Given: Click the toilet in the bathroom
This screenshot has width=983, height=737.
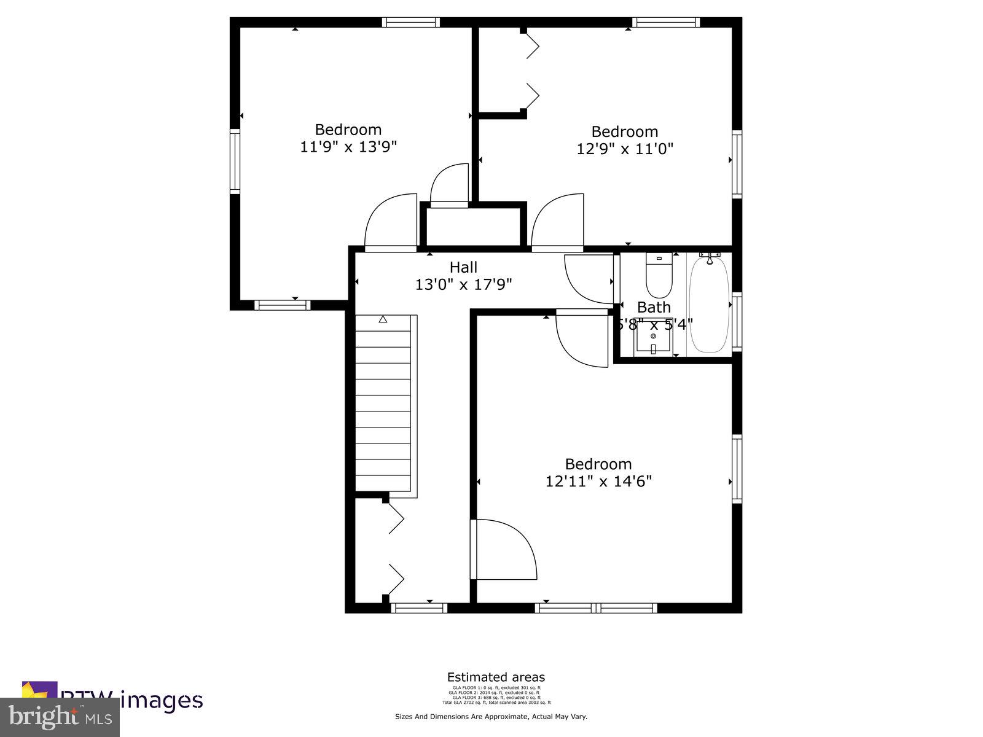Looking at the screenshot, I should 659,278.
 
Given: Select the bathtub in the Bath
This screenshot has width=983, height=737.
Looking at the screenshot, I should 709,304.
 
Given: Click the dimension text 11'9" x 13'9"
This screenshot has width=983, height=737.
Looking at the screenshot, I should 348,147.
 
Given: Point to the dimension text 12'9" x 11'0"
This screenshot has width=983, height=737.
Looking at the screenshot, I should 625,149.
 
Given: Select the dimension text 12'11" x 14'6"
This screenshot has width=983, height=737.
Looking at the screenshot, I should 598,481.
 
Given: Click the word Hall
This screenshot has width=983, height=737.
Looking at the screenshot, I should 463,267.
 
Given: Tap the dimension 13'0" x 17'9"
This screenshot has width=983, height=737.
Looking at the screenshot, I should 463,284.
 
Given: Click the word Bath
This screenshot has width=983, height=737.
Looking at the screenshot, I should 654,307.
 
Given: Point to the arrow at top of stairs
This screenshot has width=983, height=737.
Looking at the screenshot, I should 383,319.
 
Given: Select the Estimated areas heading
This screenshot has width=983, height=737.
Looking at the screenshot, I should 496,677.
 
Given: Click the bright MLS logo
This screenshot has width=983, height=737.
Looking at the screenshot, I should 60,717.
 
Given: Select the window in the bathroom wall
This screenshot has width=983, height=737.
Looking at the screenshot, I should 737,322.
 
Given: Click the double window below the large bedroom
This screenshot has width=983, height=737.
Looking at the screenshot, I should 596,608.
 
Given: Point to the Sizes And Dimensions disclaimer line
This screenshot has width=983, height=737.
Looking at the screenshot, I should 491,716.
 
